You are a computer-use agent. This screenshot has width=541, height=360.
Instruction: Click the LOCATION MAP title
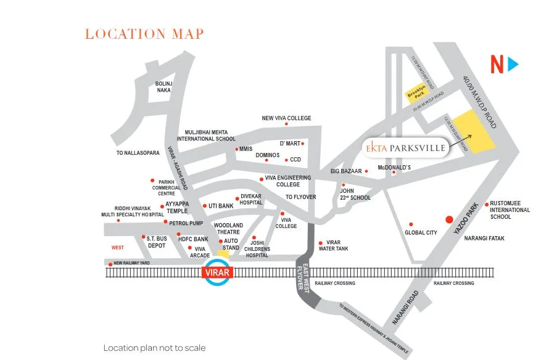pos(144,34)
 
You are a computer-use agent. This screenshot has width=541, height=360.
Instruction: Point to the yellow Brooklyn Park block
pos(417,92)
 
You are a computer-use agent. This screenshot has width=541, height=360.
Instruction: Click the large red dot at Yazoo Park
pos(449,219)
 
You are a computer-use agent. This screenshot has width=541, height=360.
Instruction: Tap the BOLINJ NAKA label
pos(163,86)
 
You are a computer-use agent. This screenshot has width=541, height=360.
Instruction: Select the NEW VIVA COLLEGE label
pos(286,118)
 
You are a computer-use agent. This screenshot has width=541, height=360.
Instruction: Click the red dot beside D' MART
pos(302,144)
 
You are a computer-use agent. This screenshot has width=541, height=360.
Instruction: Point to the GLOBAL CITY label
pos(421,233)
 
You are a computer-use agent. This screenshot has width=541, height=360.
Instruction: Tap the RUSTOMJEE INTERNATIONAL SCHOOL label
pos(509,210)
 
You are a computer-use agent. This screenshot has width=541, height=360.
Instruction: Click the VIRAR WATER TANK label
pos(337,246)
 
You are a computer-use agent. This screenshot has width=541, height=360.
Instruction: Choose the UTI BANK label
pos(221,206)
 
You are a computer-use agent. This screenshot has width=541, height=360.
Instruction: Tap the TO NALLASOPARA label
pos(138,152)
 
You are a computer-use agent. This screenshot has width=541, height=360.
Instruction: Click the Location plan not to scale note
pos(154,348)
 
